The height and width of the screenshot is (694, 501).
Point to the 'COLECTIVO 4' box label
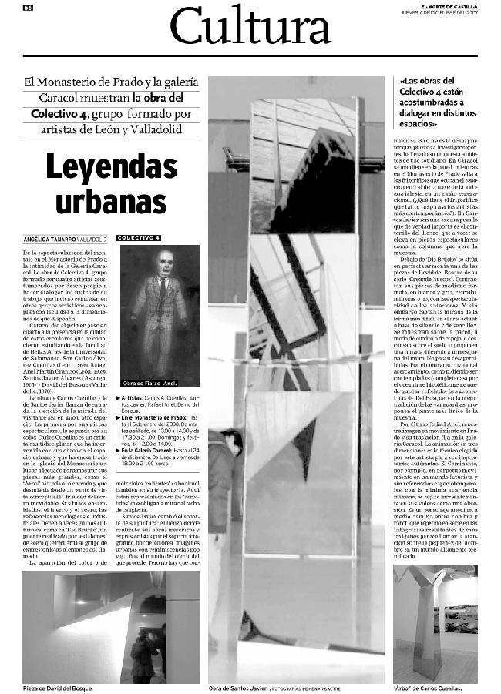coord(139,239)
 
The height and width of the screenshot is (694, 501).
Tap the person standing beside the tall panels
coord(222,470)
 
